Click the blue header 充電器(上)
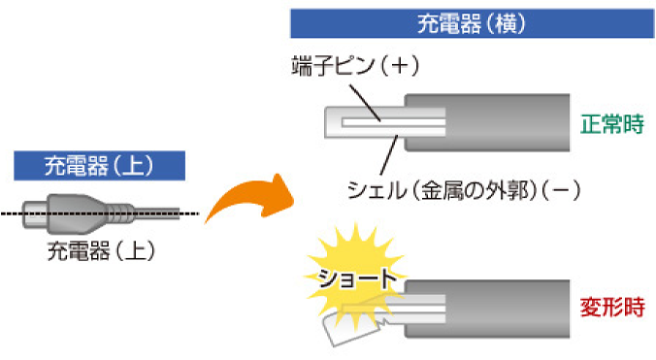(97, 164)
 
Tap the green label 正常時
(612, 126)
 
